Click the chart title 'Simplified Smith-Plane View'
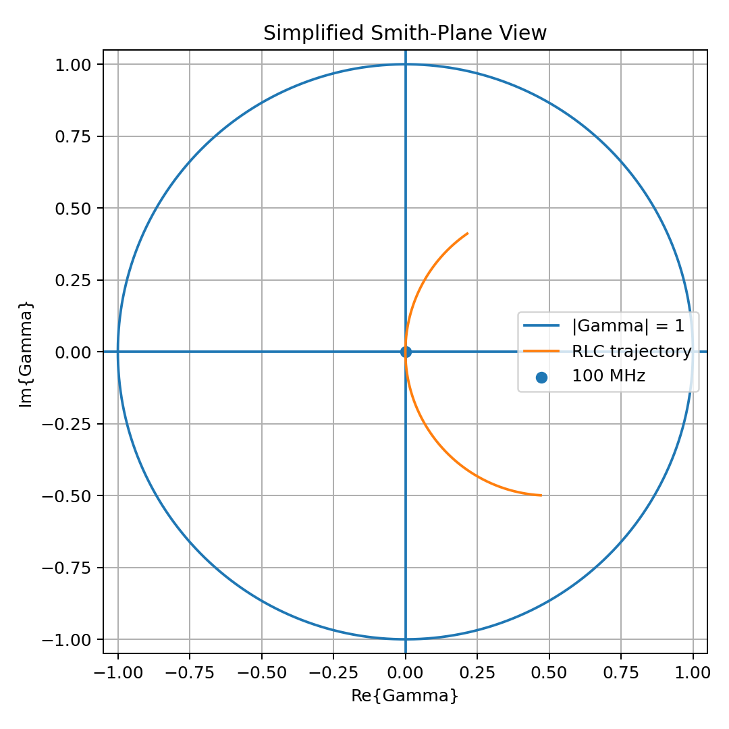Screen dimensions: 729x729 tap(405, 33)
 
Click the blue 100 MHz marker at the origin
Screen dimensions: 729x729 tap(406, 352)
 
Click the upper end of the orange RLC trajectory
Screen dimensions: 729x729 tap(468, 234)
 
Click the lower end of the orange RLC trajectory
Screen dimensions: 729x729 tap(541, 495)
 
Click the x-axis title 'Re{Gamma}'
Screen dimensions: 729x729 tap(405, 696)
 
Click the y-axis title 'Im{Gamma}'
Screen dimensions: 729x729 tap(26, 354)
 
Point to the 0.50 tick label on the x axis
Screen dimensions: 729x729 tap(549, 673)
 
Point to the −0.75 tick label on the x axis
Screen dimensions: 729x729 tap(189, 673)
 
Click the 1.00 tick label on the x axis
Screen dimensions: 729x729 tap(693, 673)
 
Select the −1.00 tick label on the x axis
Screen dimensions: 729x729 tap(118, 673)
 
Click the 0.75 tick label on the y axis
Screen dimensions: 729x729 tap(73, 136)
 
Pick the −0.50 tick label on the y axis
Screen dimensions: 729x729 tap(66, 496)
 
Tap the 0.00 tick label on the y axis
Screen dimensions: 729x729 tap(73, 352)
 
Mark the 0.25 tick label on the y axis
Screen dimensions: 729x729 tap(73, 280)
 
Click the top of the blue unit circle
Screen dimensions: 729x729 tap(406, 64)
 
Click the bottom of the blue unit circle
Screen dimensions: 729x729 tap(406, 639)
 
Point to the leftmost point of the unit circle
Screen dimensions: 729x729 tap(118, 352)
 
